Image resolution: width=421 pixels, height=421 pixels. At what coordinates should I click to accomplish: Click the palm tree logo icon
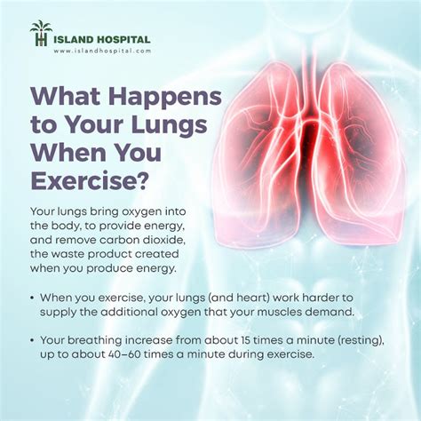point(41,33)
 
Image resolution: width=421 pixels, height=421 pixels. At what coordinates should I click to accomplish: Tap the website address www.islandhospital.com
point(102,51)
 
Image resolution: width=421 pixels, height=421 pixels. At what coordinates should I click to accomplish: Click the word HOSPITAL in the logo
point(123,39)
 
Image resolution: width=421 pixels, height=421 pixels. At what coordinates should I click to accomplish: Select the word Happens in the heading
point(165,97)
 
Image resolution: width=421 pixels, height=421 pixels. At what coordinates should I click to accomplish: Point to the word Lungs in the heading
point(169,124)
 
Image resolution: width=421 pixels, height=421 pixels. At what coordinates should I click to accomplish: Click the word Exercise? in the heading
point(89,179)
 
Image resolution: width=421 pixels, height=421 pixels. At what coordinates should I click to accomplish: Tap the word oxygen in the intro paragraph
point(142,212)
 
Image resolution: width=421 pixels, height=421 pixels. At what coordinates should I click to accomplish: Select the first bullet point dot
point(32,298)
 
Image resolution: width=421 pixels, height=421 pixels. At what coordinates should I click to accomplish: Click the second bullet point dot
point(32,340)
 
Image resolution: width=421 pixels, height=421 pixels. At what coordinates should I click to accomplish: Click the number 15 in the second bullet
point(243,340)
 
